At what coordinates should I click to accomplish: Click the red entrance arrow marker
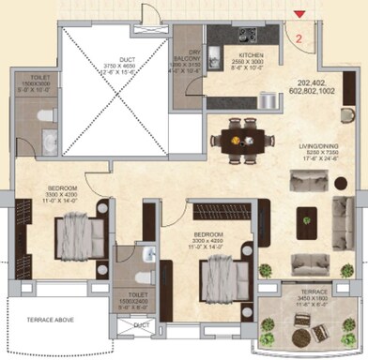coord(299,14)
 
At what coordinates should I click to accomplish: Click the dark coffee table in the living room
coord(305,223)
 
